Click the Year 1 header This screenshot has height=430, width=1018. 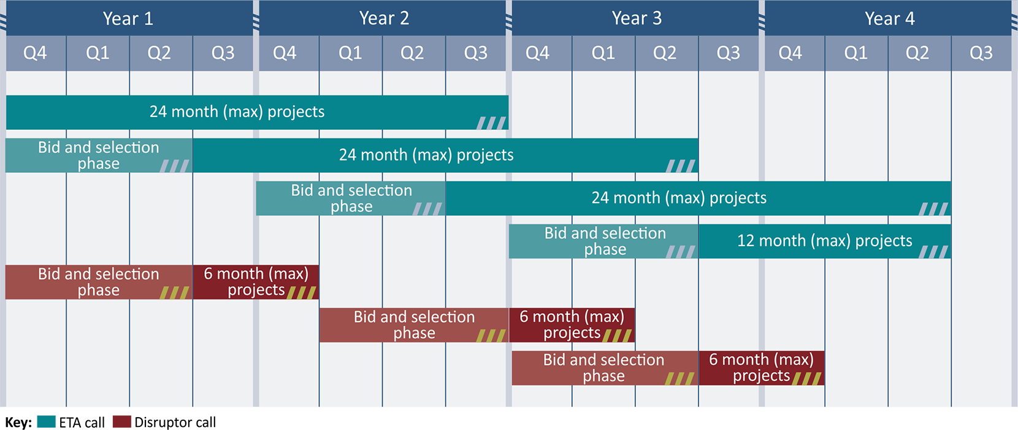pos(128,18)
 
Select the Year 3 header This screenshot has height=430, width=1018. pos(637,18)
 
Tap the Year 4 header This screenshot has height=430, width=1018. pos(889,18)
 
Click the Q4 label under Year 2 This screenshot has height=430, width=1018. pos(285,53)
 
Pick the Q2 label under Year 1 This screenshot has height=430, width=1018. pos(159,53)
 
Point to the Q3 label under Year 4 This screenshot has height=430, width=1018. pos(981,53)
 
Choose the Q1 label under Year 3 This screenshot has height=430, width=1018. pos(603,53)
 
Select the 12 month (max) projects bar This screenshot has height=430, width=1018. pos(824,241)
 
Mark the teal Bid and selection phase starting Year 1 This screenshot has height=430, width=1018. pos(99,156)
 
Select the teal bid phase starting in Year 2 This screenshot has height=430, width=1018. pos(351,198)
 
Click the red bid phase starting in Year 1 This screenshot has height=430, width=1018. pos(99,282)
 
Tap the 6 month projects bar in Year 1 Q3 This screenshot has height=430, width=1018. pos(256,282)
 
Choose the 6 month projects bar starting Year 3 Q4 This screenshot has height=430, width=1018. pos(572,325)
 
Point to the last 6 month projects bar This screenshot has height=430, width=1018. pos(761,368)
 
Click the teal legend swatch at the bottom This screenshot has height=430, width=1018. pos(46,421)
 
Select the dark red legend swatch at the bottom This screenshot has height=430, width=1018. pos(121,421)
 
